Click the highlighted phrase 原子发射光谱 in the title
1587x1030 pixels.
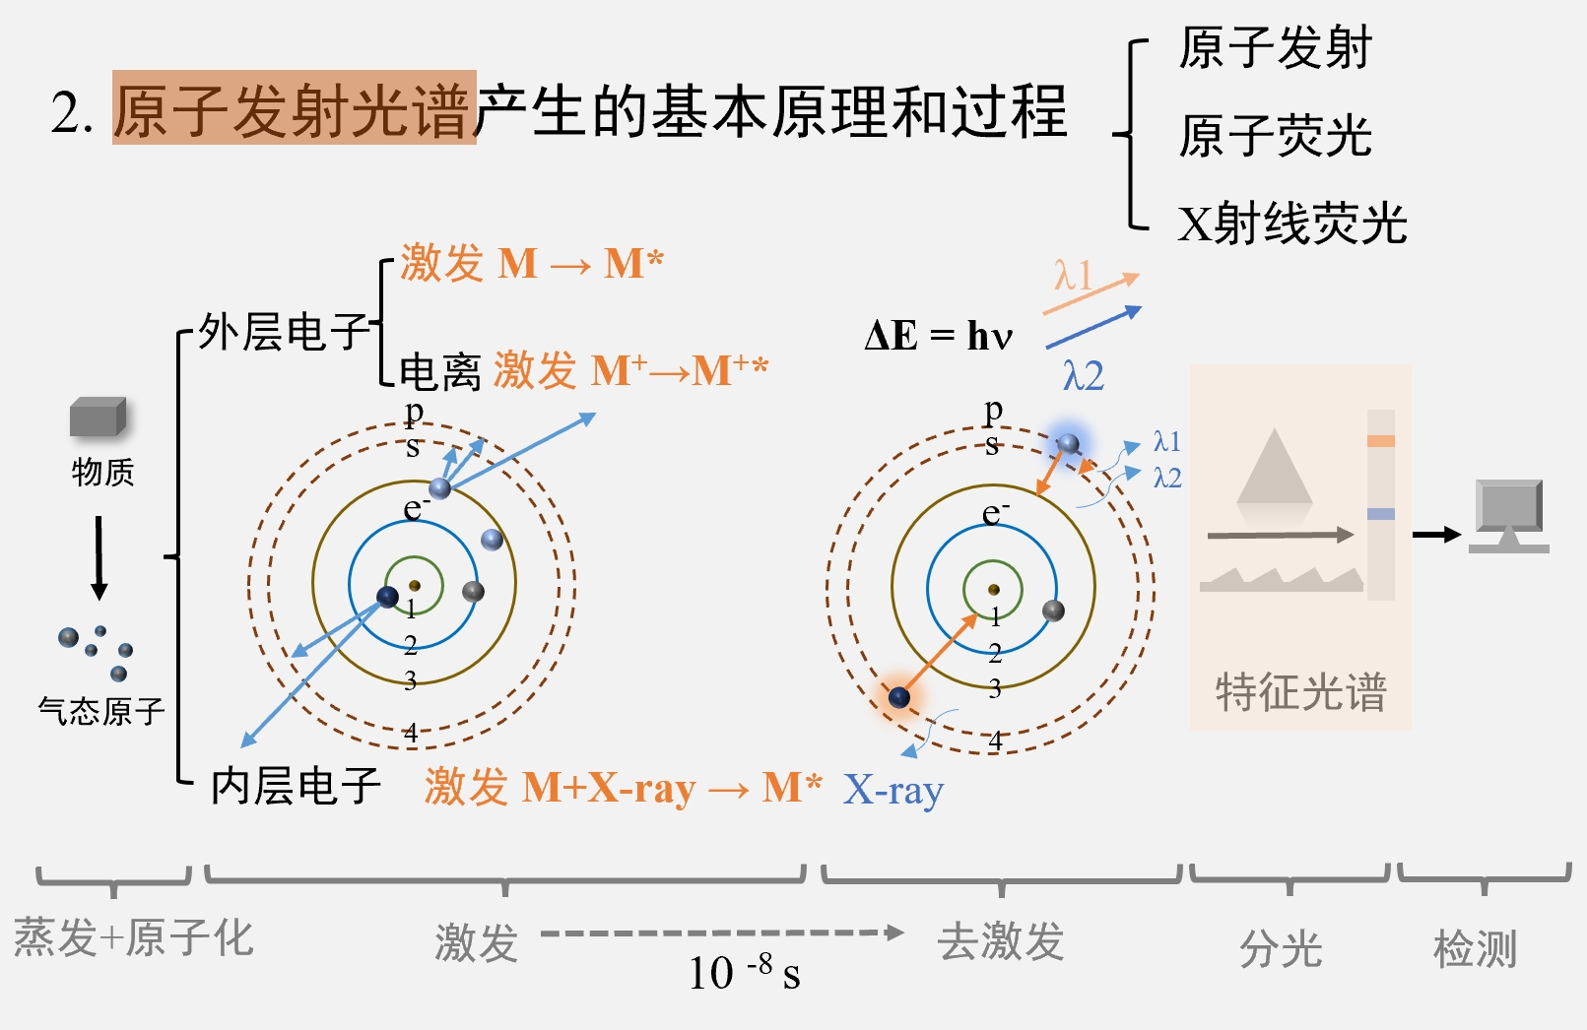(294, 109)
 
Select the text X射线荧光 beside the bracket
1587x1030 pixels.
(1291, 224)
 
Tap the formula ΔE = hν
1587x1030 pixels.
(938, 336)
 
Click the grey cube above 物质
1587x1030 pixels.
(98, 418)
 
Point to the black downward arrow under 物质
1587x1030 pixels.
(99, 557)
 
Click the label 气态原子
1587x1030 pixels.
(100, 710)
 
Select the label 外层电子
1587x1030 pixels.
(283, 332)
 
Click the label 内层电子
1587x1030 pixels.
(296, 786)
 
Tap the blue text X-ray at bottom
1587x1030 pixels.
(893, 790)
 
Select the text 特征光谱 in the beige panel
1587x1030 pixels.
(1300, 691)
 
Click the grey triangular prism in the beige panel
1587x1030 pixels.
(1275, 469)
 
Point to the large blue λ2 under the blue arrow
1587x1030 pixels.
(1083, 376)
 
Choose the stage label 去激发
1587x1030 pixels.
(1000, 941)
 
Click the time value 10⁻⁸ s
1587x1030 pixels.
(744, 972)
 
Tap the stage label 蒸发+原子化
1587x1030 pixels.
(134, 937)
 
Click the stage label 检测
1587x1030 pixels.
(1475, 949)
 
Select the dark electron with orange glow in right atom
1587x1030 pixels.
(898, 697)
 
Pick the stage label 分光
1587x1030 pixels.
(1281, 949)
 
